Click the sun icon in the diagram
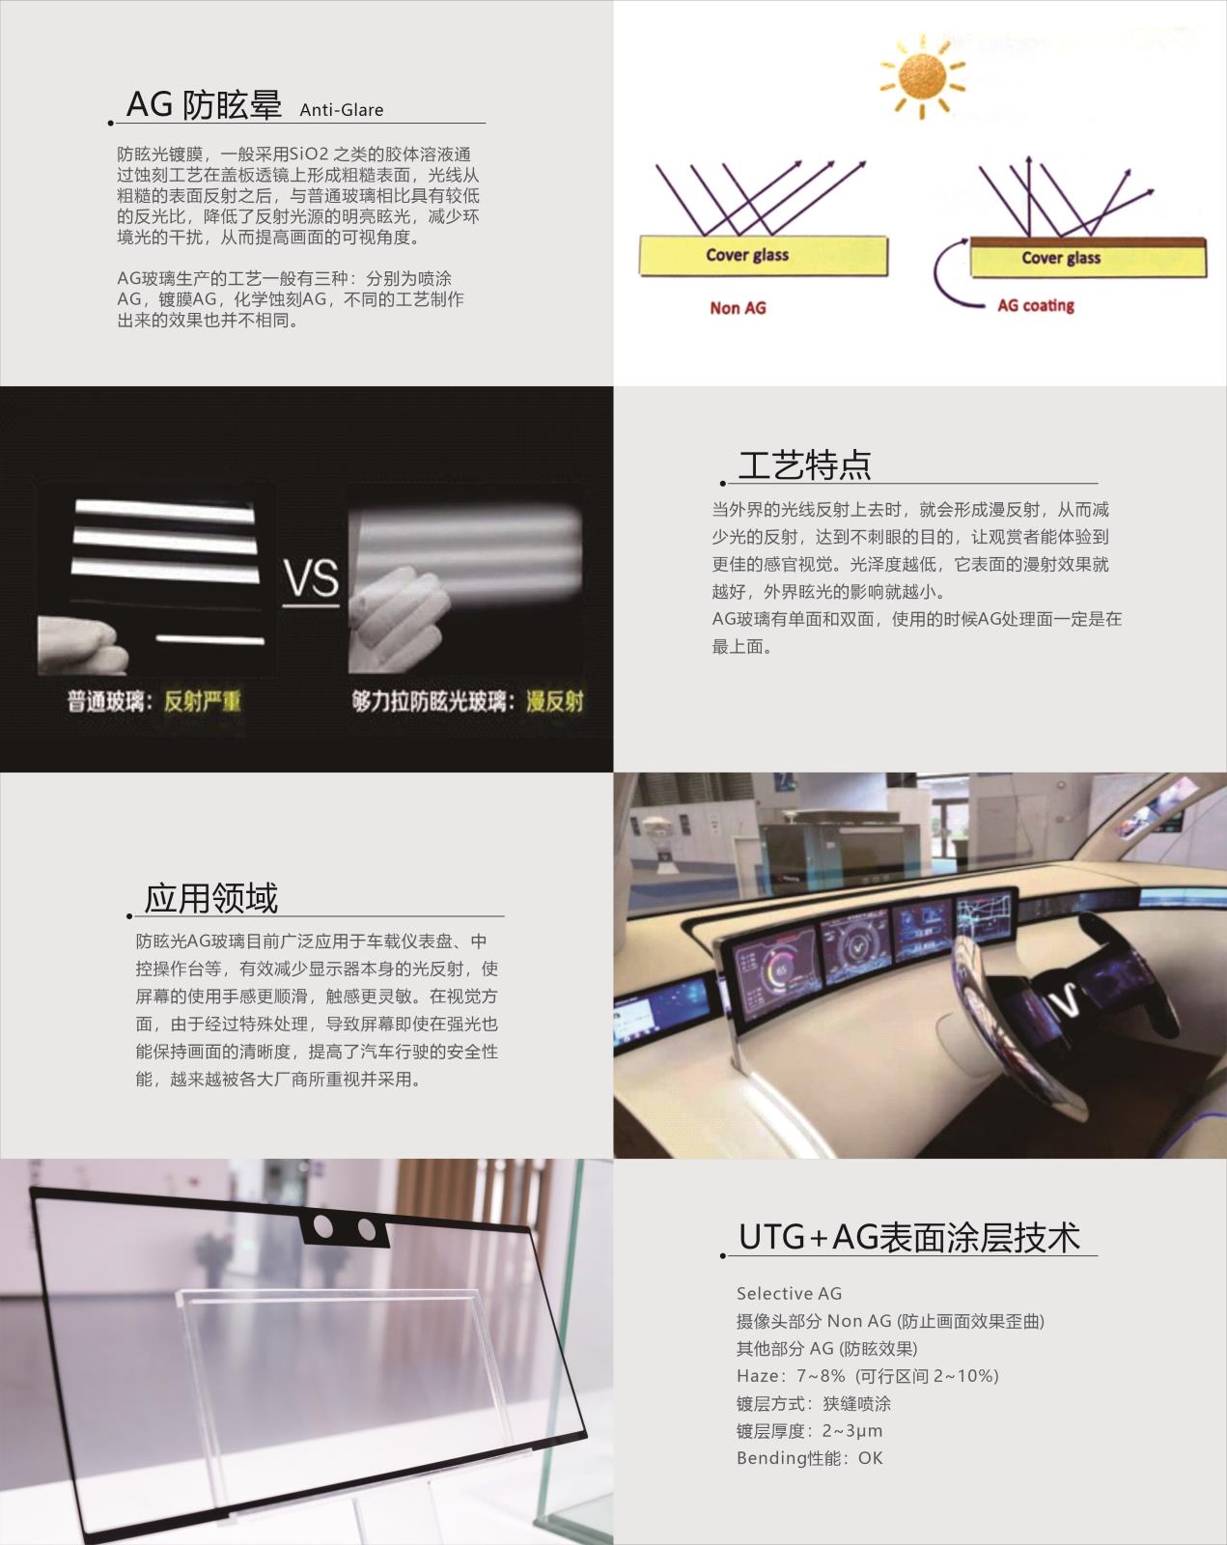(921, 74)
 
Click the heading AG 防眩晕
(204, 104)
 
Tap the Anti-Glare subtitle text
(341, 110)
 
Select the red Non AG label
(738, 308)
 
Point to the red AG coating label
(1035, 305)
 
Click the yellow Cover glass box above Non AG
(763, 256)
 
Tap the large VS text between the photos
(311, 578)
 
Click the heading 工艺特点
(804, 464)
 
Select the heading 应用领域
(210, 898)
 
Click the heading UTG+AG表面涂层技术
(908, 1237)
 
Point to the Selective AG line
(789, 1293)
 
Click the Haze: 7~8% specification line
(867, 1376)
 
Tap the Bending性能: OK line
(809, 1458)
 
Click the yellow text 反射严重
(202, 701)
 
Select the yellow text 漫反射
(554, 701)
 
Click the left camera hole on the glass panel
(323, 1227)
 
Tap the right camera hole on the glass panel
(366, 1229)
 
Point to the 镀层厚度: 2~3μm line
(809, 1431)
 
